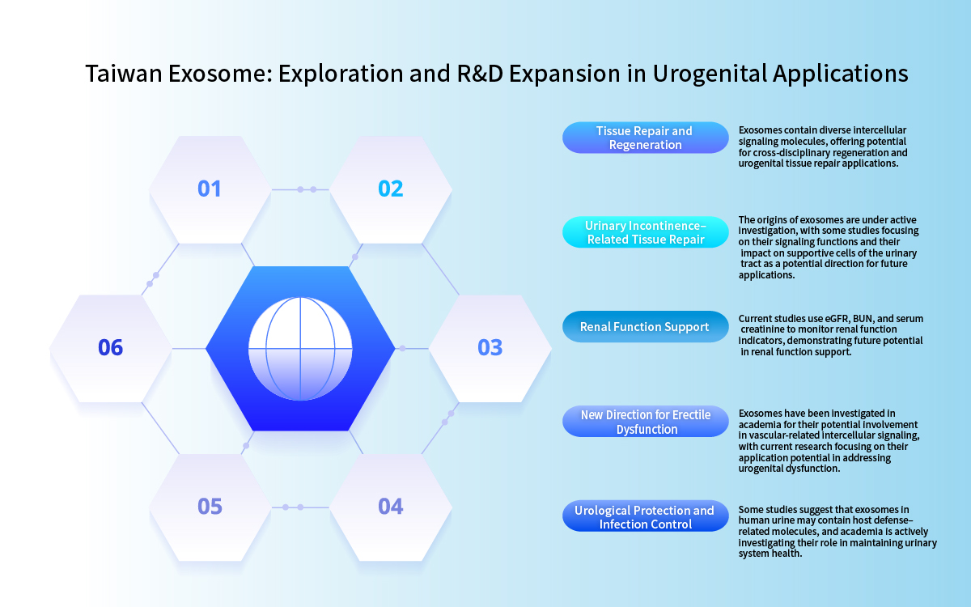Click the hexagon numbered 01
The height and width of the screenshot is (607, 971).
tap(210, 189)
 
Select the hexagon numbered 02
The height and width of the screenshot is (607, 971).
tap(390, 189)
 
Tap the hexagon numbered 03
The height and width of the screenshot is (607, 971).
tap(490, 348)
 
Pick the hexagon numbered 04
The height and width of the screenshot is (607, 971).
tap(390, 507)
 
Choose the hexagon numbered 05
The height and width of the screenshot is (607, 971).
tap(210, 507)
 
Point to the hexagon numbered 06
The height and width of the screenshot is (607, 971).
tap(110, 348)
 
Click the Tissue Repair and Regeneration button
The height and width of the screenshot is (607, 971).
tap(645, 138)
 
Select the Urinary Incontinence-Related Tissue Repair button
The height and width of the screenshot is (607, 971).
tap(645, 232)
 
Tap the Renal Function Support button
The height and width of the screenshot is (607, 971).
tap(645, 327)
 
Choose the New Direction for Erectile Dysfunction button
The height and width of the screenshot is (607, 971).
tap(645, 422)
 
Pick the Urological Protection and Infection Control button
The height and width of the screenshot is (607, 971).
tap(645, 517)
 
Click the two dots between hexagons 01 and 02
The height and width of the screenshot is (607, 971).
tap(307, 189)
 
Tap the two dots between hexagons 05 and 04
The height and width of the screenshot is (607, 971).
tap(293, 507)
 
